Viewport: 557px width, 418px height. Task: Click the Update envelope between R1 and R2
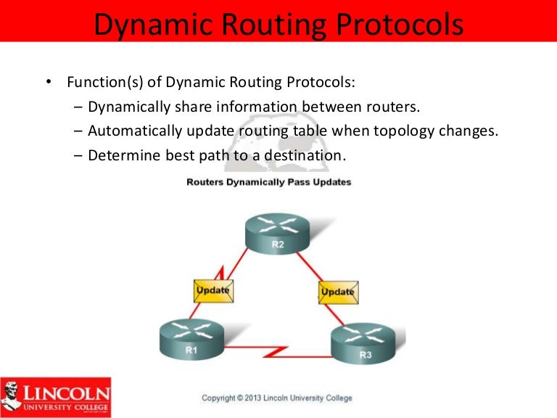point(213,290)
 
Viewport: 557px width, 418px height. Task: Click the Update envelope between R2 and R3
point(337,292)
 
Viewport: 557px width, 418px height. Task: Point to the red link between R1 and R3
point(276,355)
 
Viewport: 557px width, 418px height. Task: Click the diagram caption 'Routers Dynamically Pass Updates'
point(268,182)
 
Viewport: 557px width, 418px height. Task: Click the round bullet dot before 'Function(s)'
point(48,82)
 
